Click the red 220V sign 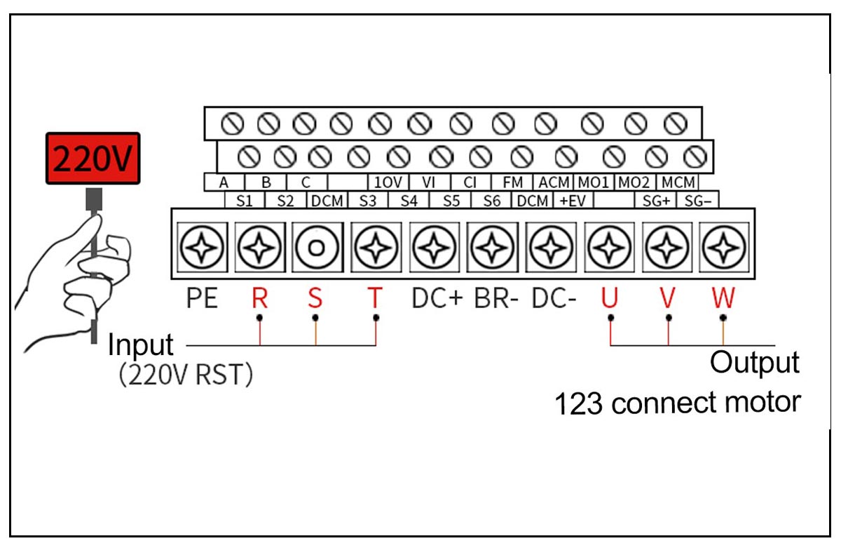93,159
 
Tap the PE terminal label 203,299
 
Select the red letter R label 260,299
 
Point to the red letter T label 376,299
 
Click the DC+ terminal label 437,299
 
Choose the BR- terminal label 496,299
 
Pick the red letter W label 723,299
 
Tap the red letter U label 609,299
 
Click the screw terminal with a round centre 317,247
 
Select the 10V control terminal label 387,182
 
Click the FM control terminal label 513,182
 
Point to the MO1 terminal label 594,182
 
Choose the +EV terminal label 572,201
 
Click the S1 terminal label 244,201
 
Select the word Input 140,345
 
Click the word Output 754,363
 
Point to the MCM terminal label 678,182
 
